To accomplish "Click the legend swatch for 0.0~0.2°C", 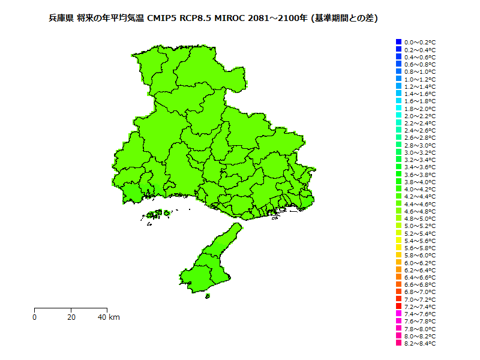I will pos(398,42).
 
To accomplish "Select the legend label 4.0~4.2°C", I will pos(420,189).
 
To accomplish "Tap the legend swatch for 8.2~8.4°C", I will pos(398,343).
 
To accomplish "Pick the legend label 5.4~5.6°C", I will pos(420,241).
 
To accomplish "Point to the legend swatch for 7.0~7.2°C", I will pos(398,299).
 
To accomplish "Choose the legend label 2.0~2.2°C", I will pos(420,116).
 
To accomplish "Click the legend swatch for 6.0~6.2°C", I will pos(398,262).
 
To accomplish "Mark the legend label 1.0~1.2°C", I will pos(420,79).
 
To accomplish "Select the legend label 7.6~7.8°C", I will pos(420,321).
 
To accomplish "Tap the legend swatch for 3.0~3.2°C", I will pos(398,152).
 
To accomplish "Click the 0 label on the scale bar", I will pos(35,317).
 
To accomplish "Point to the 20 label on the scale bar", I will pos(71,317).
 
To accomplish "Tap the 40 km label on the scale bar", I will pos(109,317).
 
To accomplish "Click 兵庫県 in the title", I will pos(61,19).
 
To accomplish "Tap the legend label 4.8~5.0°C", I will pos(420,218).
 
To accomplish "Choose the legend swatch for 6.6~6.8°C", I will pos(398,284).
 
